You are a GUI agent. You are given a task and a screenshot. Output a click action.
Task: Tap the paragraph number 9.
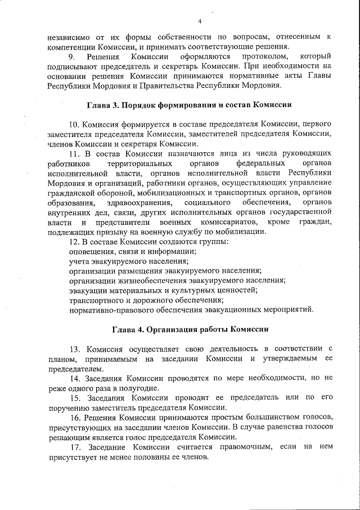point(71,57)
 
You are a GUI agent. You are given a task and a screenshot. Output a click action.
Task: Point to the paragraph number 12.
point(73,242)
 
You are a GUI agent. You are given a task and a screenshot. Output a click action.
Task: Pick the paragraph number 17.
point(74,447)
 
